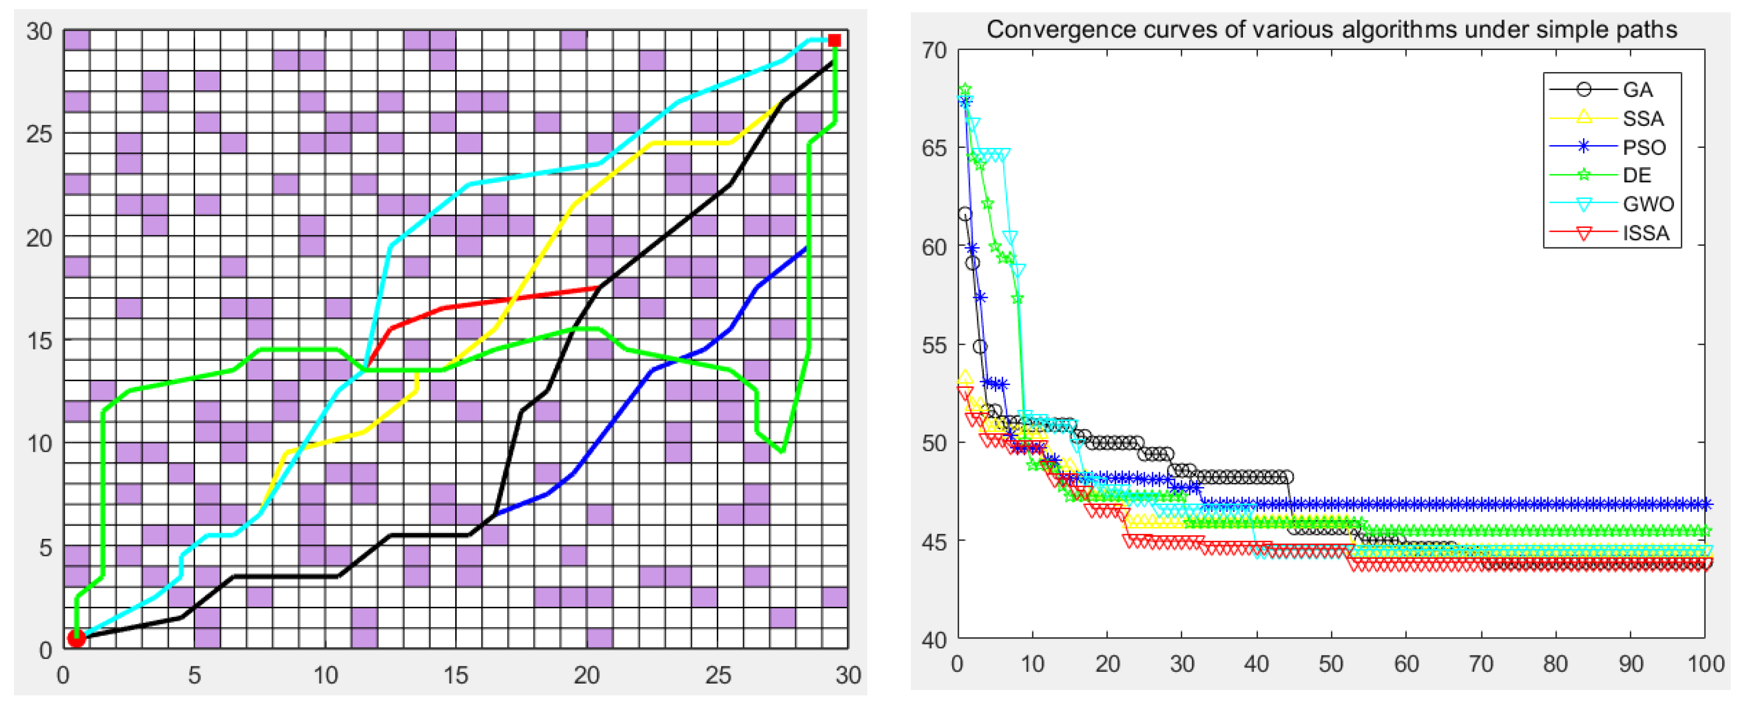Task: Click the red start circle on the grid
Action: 76,638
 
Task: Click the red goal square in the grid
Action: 834,40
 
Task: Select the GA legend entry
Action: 1637,90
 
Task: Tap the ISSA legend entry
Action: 1645,233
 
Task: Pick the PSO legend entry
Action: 1644,147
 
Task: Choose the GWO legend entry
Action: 1648,204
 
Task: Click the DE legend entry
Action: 1637,176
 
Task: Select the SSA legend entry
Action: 1642,119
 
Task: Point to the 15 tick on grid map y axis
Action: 39,340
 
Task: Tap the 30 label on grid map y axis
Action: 39,31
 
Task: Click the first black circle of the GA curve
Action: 965,214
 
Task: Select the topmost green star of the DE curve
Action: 965,89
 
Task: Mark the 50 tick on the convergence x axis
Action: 1331,664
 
